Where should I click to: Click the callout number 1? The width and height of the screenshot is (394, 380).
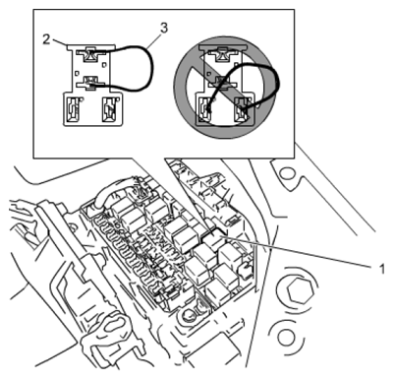pos(381,269)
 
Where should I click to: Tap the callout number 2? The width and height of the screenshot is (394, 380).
pos(46,39)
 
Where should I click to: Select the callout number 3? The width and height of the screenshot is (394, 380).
pos(164,28)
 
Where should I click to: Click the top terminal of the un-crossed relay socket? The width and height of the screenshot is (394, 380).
pos(90,54)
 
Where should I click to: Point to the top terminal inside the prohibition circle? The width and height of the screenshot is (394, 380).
pos(223,54)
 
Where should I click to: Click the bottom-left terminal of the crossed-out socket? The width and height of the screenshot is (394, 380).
pos(204,108)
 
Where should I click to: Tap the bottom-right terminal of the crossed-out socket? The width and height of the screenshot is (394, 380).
pos(243,108)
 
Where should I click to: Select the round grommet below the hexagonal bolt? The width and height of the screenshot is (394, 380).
pos(284,337)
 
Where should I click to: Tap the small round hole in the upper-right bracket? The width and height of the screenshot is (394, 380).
pos(288,173)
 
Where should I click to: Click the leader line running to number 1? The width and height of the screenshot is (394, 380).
pos(297,250)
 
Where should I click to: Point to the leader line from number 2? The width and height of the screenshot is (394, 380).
pos(60,42)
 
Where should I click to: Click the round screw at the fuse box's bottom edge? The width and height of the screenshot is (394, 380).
pos(186,316)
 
